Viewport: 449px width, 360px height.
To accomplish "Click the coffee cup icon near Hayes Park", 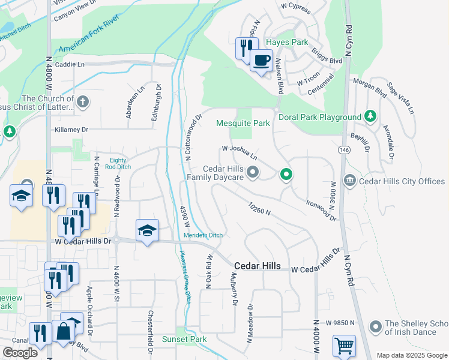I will (261, 61).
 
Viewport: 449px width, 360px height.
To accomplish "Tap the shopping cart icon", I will (344, 346).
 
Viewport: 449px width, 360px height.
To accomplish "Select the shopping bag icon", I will (63, 331).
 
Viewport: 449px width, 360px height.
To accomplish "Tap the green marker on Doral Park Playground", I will (371, 116).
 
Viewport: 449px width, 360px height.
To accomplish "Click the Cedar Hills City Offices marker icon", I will (349, 181).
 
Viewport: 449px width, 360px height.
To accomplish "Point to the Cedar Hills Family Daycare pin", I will (253, 173).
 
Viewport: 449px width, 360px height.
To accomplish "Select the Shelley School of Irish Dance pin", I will (376, 327).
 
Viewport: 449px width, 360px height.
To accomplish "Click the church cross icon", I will (83, 101).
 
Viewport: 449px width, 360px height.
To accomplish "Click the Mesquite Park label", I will (243, 123).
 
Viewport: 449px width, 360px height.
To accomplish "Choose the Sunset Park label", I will (184, 339).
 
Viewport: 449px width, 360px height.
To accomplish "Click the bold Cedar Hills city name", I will (257, 266).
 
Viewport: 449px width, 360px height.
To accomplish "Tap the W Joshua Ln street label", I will (240, 151).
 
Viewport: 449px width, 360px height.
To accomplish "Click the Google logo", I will (20, 353).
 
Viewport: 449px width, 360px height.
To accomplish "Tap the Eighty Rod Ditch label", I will (118, 163).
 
